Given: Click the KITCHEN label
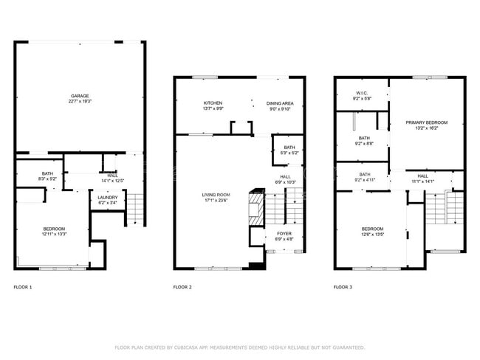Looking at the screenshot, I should (213, 103).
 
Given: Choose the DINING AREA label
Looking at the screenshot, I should (280, 103).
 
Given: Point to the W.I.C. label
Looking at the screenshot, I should (361, 93).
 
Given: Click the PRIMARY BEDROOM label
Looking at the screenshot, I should (426, 122).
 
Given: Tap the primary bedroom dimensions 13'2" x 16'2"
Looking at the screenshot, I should (426, 128).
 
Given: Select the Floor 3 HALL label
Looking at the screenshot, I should (422, 176).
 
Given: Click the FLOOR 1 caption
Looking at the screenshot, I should (23, 286).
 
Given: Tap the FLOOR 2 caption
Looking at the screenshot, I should (182, 286).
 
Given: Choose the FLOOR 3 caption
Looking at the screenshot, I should (342, 286).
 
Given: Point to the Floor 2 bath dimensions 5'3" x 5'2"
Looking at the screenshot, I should (289, 153).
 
